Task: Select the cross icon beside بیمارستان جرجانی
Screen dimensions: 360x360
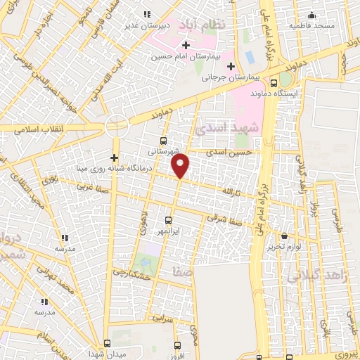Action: click(x=231, y=67)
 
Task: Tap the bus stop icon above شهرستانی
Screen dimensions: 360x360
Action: click(x=164, y=140)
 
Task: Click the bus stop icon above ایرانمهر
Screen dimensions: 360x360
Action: click(x=167, y=219)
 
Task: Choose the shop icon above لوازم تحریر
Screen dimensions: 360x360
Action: click(x=284, y=236)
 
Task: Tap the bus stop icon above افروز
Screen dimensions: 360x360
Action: click(x=177, y=345)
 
